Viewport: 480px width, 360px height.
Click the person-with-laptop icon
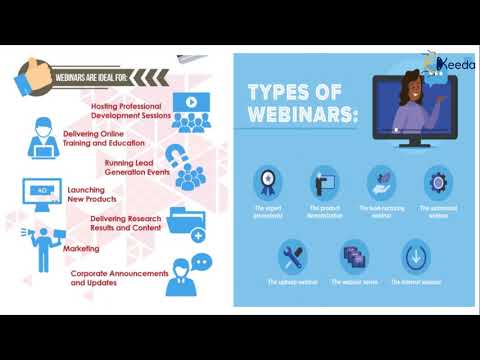[41, 139]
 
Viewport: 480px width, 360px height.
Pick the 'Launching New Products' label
[91, 193]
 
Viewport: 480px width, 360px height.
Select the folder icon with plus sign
[186, 224]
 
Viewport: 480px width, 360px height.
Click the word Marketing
[81, 248]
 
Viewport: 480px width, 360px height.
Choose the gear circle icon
[437, 184]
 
